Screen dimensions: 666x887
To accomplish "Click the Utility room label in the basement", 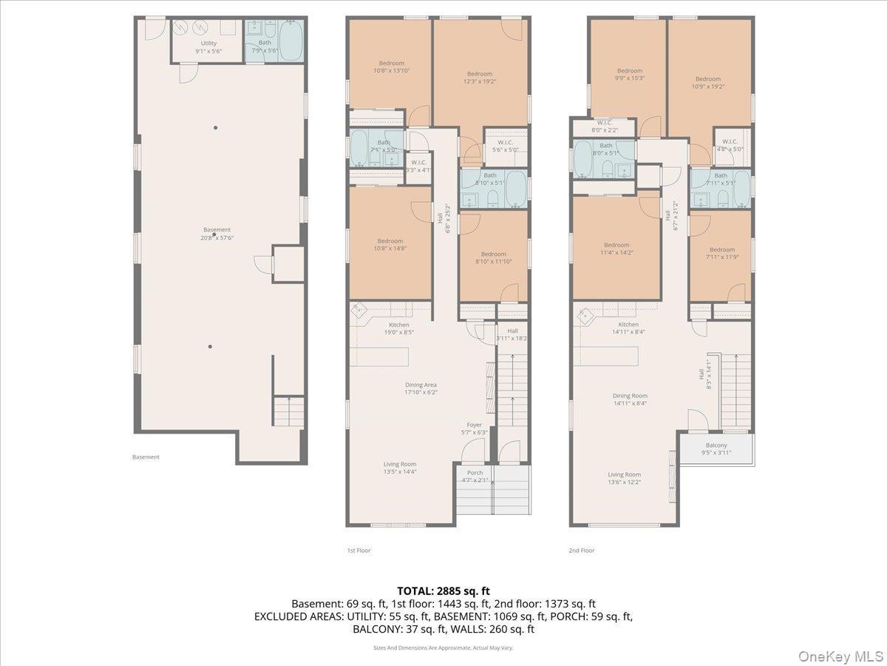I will pyautogui.click(x=208, y=47).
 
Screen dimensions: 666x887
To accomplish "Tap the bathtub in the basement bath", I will pyautogui.click(x=290, y=41).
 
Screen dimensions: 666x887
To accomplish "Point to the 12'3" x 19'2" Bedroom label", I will pyautogui.click(x=480, y=77).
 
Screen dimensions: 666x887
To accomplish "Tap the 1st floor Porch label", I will pyautogui.click(x=475, y=477).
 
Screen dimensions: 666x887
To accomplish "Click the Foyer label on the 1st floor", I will pyautogui.click(x=474, y=428).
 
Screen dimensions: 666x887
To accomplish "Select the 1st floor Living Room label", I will pyautogui.click(x=400, y=468).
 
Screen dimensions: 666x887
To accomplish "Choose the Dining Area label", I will pyautogui.click(x=421, y=388).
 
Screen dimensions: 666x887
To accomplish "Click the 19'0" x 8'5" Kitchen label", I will pyautogui.click(x=399, y=329).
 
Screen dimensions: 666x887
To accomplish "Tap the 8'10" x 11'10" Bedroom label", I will pyautogui.click(x=493, y=258).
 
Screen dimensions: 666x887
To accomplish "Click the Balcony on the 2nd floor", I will pyautogui.click(x=716, y=448).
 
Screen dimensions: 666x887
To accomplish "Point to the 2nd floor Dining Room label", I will pyautogui.click(x=630, y=400).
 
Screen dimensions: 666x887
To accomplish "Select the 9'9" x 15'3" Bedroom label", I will pyautogui.click(x=630, y=74).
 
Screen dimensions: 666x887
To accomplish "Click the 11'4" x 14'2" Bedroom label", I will pyautogui.click(x=616, y=249).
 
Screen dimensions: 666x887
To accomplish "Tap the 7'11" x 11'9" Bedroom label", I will pyautogui.click(x=722, y=253).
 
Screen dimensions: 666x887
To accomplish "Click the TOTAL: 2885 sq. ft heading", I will pyautogui.click(x=443, y=591).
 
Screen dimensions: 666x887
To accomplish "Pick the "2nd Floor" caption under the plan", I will pyautogui.click(x=582, y=551).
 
